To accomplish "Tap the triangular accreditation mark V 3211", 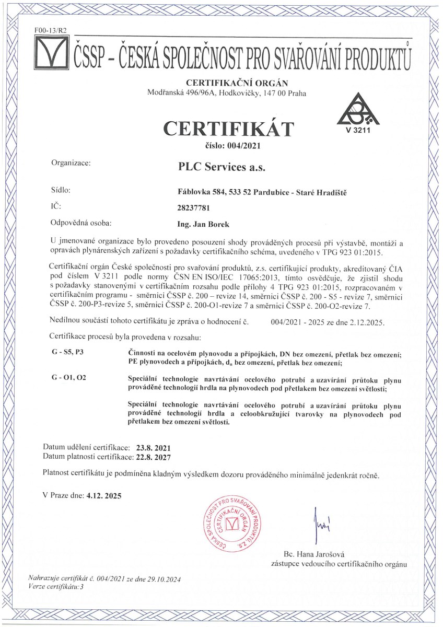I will tap(357, 114).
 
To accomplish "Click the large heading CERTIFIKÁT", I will tap(229, 128).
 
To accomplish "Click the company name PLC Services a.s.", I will tap(222, 168).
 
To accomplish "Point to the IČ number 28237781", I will tap(194, 208).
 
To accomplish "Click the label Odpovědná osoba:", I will tap(80, 224).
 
